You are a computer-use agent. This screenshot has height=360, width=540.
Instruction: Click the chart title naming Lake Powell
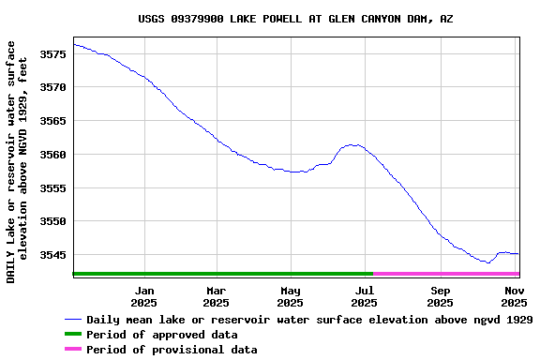click(295, 19)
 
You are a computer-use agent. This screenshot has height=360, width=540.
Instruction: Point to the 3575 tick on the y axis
click(52, 53)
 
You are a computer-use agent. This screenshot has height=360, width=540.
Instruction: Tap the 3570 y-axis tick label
click(52, 87)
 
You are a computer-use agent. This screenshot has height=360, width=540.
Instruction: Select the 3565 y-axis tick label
click(52, 121)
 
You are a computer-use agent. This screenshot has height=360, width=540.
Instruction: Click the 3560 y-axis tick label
click(52, 155)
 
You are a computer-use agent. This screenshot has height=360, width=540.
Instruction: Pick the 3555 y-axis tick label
click(52, 188)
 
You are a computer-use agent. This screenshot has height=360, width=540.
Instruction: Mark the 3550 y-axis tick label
click(52, 222)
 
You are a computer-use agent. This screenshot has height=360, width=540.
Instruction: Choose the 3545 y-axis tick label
click(52, 255)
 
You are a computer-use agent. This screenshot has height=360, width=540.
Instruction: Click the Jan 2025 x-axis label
click(143, 296)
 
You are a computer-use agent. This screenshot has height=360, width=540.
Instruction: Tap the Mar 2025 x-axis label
click(217, 296)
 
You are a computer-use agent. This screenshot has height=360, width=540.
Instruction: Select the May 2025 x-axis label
click(291, 296)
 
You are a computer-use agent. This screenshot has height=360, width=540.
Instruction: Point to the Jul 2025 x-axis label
click(365, 296)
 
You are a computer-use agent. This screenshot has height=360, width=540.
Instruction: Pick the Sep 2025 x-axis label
click(440, 296)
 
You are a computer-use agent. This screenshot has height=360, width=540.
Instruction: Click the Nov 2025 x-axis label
click(513, 296)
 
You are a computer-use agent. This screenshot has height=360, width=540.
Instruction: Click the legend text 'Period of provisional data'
click(172, 350)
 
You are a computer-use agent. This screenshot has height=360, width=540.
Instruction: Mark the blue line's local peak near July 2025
click(352, 144)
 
